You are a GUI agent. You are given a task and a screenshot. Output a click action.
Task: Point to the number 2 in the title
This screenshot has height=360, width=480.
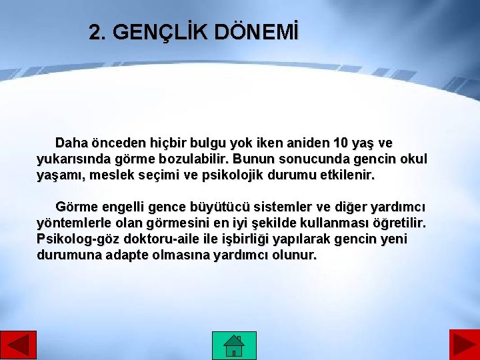tap(97, 33)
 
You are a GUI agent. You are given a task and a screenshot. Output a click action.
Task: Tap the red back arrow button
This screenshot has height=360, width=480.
tap(18, 345)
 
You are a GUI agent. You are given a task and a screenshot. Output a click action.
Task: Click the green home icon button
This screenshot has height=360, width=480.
tap(233, 345)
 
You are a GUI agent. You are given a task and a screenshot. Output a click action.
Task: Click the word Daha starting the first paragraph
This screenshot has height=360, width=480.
tap(71, 143)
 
